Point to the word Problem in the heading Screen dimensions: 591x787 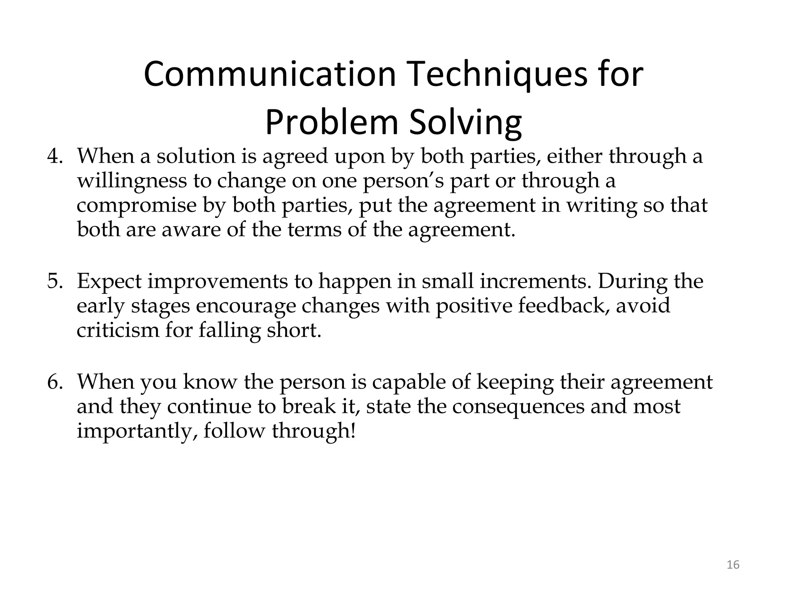[x=331, y=122]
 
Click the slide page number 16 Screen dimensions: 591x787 [x=733, y=565]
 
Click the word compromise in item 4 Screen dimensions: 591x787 [x=136, y=205]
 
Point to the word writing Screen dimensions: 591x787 [x=602, y=205]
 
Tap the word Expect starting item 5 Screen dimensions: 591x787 [x=109, y=281]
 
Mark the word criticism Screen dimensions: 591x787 [x=118, y=330]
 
